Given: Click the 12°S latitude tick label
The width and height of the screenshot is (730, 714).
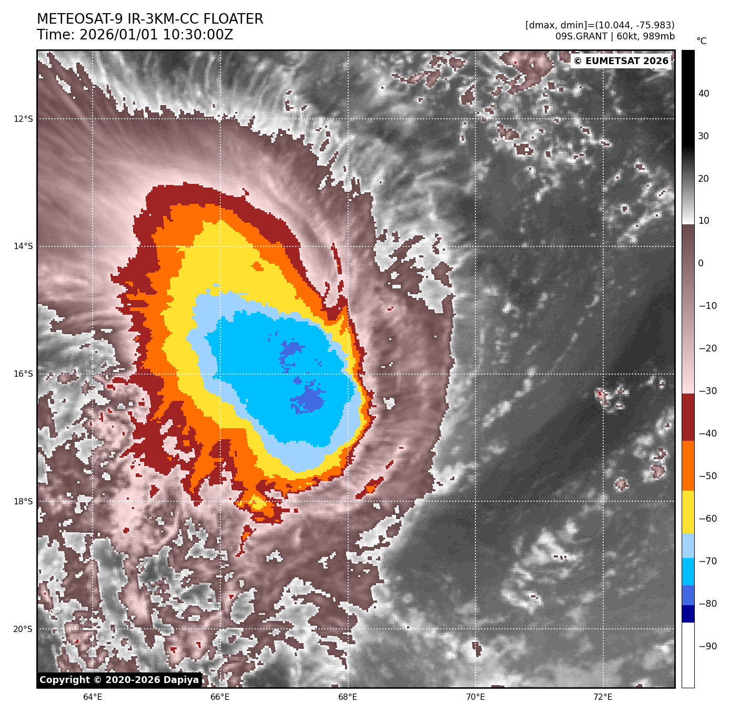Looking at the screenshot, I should (x=23, y=119).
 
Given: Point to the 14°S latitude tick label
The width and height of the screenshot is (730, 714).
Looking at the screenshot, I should (x=23, y=246).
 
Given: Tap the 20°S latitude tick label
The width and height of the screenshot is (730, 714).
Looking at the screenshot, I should (x=23, y=629).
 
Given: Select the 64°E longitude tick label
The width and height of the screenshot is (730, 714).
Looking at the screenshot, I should (x=93, y=697).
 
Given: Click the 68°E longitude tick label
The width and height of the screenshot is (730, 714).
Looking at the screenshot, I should (x=348, y=697).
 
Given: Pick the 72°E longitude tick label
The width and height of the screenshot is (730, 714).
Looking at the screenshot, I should (x=603, y=697).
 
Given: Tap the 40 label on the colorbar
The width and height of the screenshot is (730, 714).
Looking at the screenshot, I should (x=704, y=94).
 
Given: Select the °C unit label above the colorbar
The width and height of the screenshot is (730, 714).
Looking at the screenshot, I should (x=702, y=41).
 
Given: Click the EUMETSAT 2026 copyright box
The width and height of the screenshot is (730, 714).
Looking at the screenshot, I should (x=621, y=61).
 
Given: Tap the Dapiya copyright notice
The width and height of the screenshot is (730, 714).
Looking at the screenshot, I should (x=119, y=680).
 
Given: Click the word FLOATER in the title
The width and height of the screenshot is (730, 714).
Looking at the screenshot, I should (x=233, y=19).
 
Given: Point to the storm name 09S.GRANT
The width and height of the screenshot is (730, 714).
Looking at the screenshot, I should (x=581, y=36).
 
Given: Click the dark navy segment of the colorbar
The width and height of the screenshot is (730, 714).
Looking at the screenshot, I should (x=688, y=614).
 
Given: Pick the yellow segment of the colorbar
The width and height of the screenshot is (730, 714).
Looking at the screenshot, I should (x=688, y=512).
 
